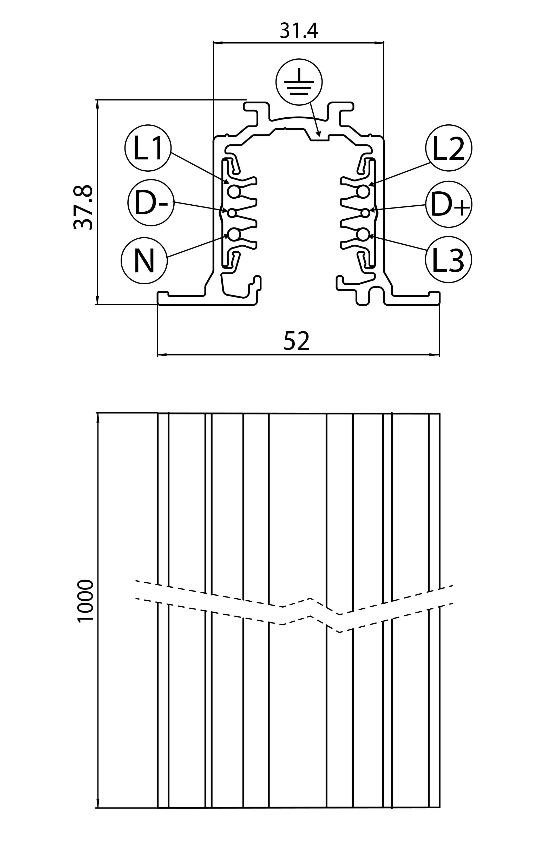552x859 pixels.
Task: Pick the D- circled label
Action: tap(151, 203)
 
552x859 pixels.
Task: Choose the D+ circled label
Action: tap(449, 204)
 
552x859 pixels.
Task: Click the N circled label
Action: tap(144, 261)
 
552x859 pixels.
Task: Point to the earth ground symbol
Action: tap(299, 82)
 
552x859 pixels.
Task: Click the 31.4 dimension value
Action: tap(299, 31)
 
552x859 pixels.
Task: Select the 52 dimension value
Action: tap(297, 341)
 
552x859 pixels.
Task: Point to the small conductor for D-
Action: tap(232, 213)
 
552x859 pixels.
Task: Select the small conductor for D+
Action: tap(365, 213)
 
